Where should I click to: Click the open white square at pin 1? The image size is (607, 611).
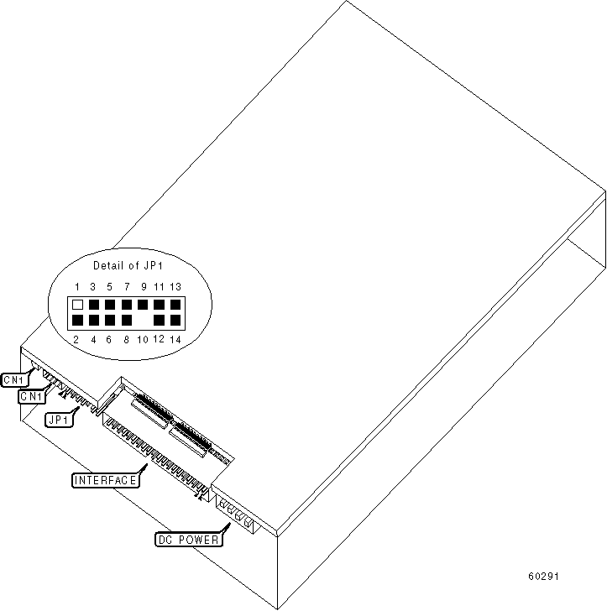[77, 305]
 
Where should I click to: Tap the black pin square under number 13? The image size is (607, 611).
[175, 305]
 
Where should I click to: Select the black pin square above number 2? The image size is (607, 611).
[77, 321]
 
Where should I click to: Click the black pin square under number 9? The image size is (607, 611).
[143, 304]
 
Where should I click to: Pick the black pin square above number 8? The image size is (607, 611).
[126, 321]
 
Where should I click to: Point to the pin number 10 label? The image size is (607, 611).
[143, 339]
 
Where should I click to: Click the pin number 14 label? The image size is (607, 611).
[175, 339]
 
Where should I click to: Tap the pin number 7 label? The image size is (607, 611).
[126, 287]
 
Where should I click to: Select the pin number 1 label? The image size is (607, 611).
[77, 287]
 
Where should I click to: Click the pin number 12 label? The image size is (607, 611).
[159, 339]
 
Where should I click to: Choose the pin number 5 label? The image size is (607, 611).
[110, 287]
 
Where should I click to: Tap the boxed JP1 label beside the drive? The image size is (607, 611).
[59, 419]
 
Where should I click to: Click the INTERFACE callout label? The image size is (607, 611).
[104, 480]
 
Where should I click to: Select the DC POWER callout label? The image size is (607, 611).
[190, 540]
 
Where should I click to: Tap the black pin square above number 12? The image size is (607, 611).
[159, 321]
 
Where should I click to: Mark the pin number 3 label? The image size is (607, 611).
[93, 287]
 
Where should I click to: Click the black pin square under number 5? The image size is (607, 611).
[110, 305]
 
